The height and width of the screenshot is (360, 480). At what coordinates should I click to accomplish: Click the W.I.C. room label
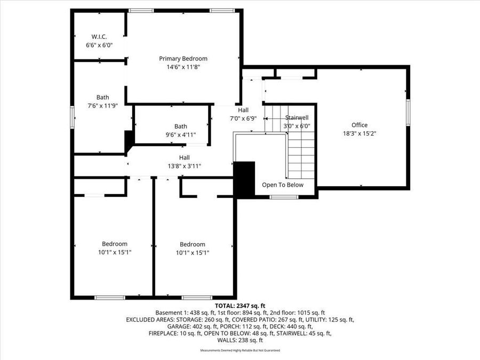[x=99, y=37]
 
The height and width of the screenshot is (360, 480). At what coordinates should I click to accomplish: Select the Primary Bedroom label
[x=183, y=59]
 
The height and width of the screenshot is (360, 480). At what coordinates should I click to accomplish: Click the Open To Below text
[x=282, y=185]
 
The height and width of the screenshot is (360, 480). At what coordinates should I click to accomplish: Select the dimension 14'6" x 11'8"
[x=183, y=67]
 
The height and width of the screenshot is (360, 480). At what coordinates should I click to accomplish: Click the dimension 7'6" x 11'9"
[x=102, y=106]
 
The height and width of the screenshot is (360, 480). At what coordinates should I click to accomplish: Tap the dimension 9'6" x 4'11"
[x=180, y=134]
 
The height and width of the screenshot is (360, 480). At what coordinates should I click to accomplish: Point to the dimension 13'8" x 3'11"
[x=184, y=166]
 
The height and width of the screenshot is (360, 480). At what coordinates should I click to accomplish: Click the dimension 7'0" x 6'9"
[x=243, y=118]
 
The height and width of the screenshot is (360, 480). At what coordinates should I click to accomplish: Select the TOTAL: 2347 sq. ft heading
[x=239, y=306]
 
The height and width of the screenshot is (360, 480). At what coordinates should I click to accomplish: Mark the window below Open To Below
[x=283, y=197]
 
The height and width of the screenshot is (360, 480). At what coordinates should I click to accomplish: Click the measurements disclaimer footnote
[x=239, y=350]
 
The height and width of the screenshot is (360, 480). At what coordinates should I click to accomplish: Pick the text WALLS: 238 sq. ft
[x=239, y=340]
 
